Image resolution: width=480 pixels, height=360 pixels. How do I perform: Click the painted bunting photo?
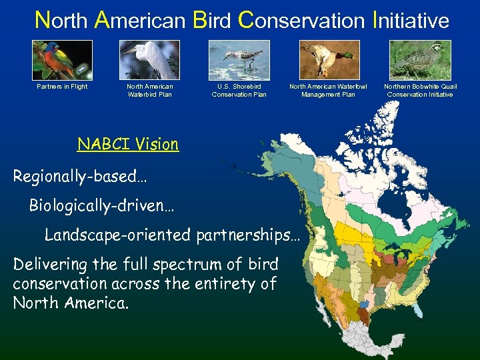coord(62,60)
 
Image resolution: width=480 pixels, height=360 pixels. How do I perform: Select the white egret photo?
coord(150,60)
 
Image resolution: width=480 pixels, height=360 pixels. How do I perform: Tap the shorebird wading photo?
coord(239,60)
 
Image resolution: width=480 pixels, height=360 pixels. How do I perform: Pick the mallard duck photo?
coord(329,60)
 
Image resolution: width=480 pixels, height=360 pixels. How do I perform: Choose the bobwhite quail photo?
coord(420,60)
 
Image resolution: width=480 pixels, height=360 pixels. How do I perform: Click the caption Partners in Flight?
coord(62,87)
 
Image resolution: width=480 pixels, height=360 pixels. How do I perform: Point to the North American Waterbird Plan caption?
coord(149,90)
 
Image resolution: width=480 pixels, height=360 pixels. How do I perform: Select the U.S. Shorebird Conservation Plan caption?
coord(239,90)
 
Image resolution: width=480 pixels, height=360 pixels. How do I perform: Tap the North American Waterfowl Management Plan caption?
coord(328,90)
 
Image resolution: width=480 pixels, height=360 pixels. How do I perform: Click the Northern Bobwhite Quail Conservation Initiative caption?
coord(420,90)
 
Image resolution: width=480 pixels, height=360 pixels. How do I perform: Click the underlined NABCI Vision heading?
coord(128,144)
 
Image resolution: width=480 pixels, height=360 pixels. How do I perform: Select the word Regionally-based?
coord(80,177)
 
